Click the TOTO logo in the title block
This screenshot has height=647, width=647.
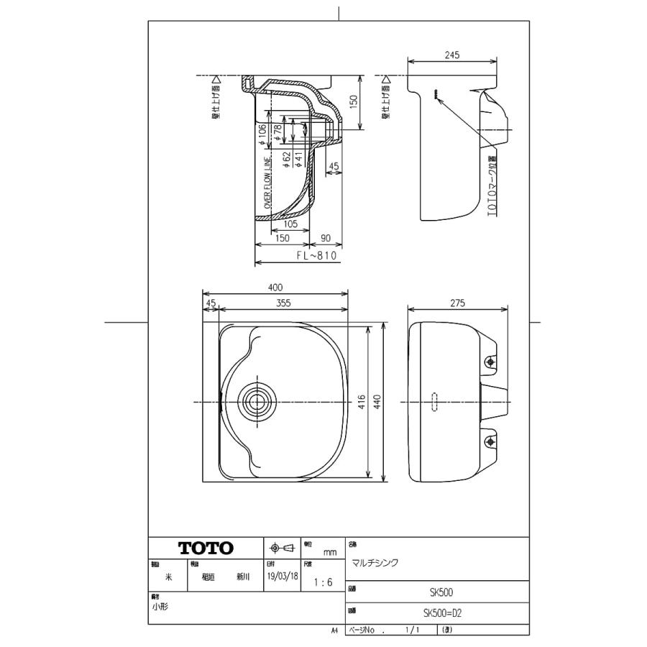point(206,548)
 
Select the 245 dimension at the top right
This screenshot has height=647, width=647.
point(451,55)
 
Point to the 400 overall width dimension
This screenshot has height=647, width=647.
point(275,288)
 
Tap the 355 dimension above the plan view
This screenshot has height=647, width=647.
point(283,303)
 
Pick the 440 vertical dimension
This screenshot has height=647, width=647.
point(389,400)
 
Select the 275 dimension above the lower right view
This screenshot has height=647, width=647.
point(457,303)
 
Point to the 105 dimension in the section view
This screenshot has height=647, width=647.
point(290,224)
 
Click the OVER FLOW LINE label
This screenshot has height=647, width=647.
point(267,183)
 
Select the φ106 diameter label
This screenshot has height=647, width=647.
point(263,133)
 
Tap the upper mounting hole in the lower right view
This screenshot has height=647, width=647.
point(492,362)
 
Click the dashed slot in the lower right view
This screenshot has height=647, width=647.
point(433,401)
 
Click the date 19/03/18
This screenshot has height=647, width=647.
point(282,577)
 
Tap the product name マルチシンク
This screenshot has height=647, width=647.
point(375,563)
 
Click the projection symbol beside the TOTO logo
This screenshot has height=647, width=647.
point(281,548)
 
